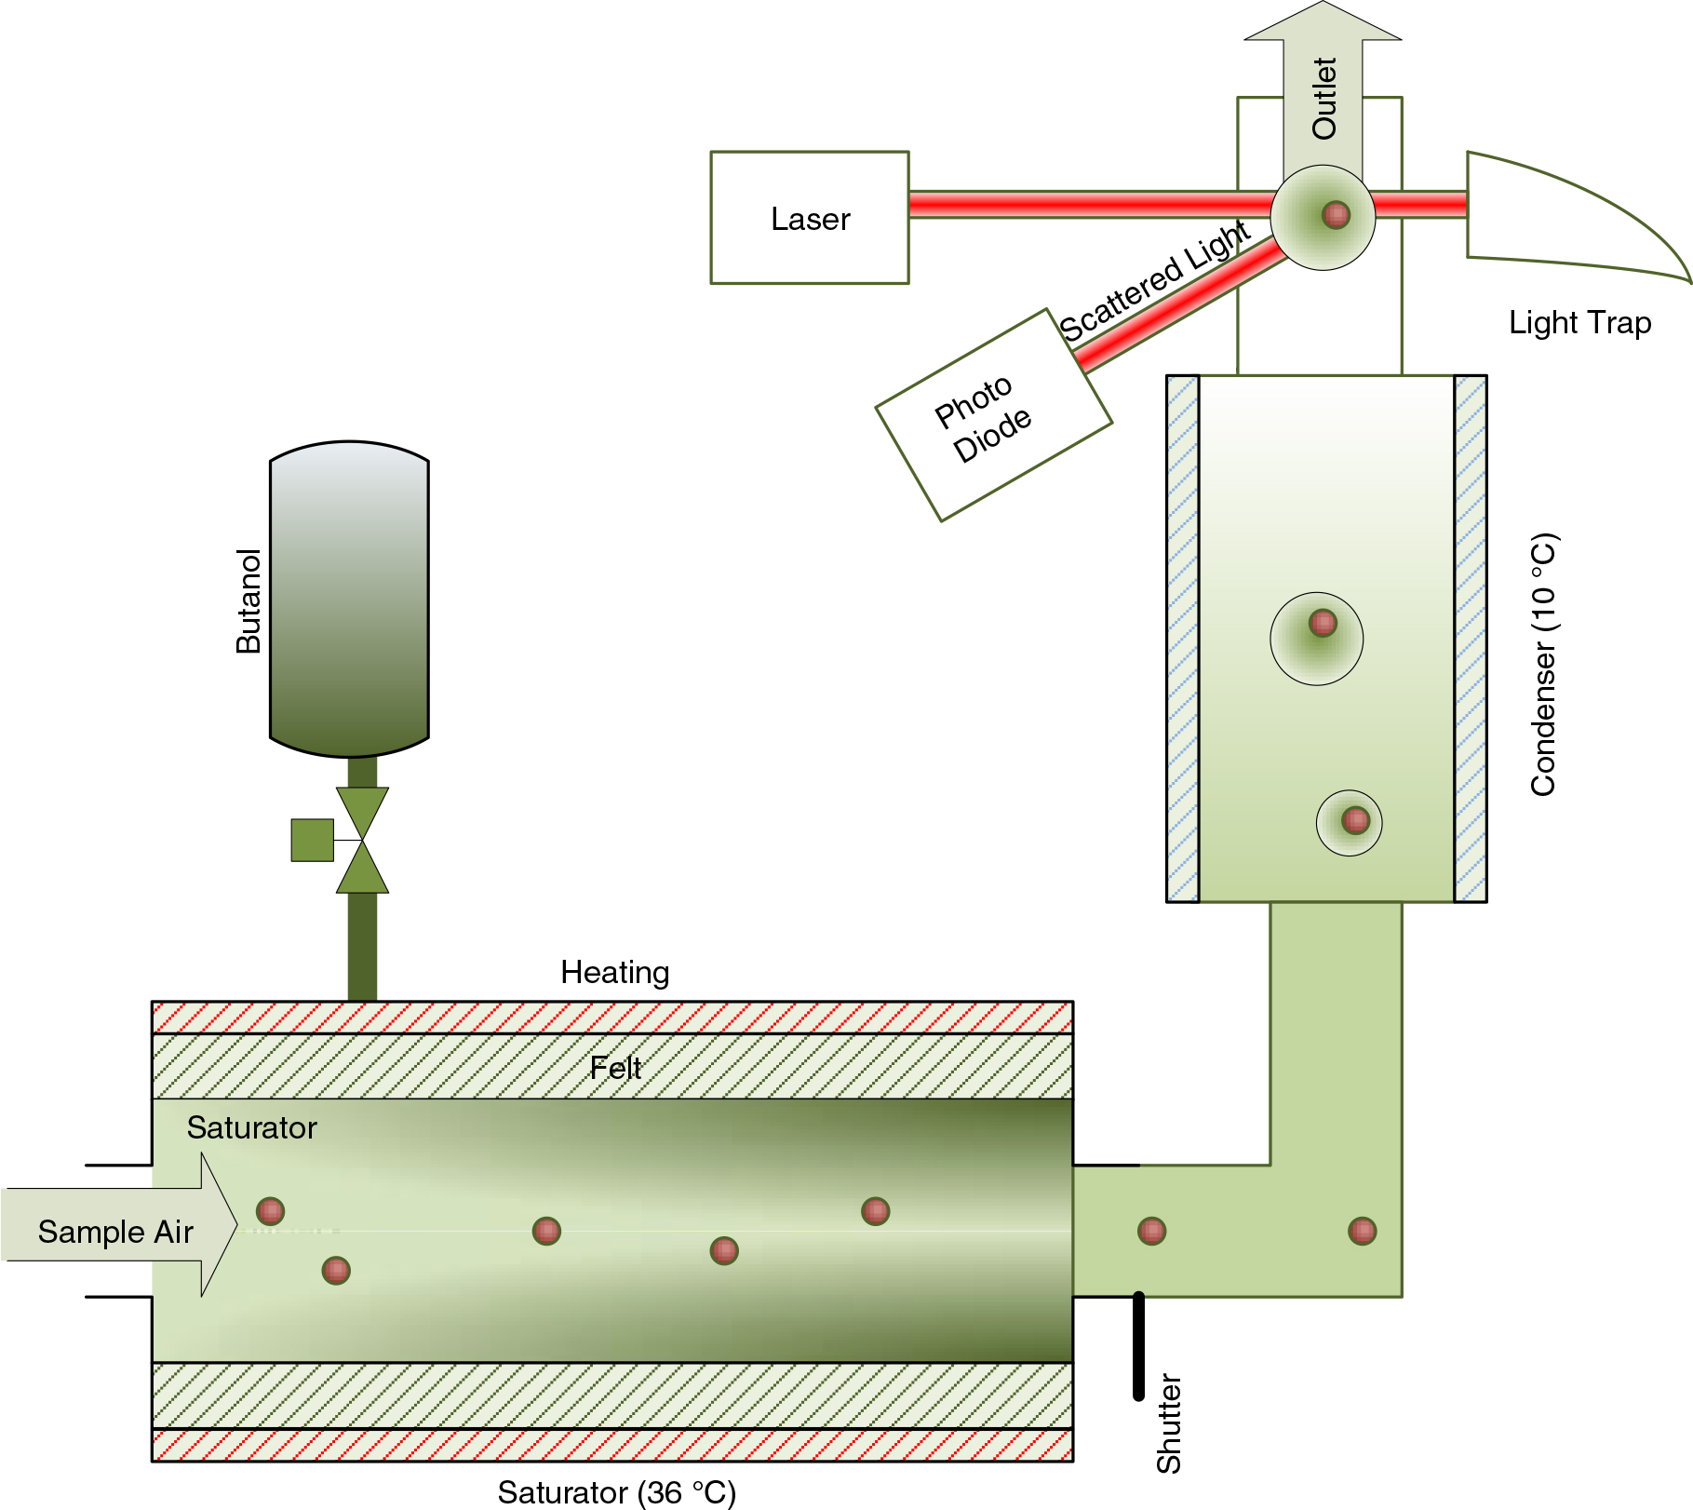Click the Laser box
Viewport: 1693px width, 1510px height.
(810, 218)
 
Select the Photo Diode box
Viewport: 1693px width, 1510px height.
(994, 415)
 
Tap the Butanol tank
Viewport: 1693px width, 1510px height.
(349, 599)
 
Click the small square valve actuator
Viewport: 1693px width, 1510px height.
(313, 840)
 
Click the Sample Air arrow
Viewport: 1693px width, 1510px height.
(119, 1225)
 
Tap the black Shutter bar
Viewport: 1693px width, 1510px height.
(1138, 1345)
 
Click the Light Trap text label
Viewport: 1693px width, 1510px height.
(1579, 323)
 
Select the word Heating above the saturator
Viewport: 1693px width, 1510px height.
(615, 973)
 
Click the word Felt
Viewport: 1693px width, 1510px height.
(615, 1068)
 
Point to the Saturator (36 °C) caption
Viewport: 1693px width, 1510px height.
(617, 1492)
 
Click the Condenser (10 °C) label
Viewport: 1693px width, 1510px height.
(1543, 665)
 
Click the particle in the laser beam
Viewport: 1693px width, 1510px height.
(1336, 215)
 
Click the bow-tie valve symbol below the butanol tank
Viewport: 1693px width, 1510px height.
(362, 840)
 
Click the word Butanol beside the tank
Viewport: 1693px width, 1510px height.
(249, 601)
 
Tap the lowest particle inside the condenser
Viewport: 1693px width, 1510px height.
(1355, 820)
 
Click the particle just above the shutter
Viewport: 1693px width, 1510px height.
(1151, 1231)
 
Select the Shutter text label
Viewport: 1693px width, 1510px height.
(1168, 1423)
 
